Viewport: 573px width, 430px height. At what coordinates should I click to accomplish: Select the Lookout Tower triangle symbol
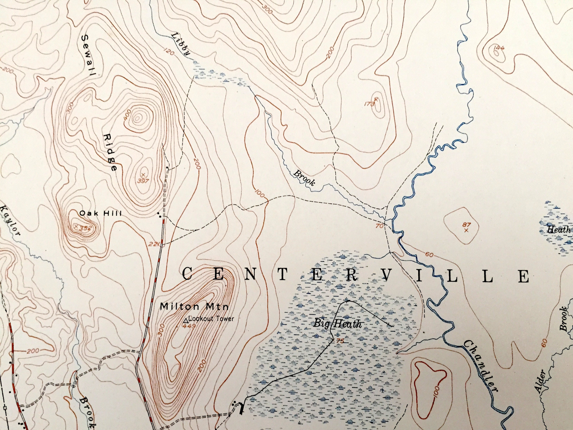(x=186, y=321)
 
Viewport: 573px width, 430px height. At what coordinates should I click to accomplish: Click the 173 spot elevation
(x=370, y=104)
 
